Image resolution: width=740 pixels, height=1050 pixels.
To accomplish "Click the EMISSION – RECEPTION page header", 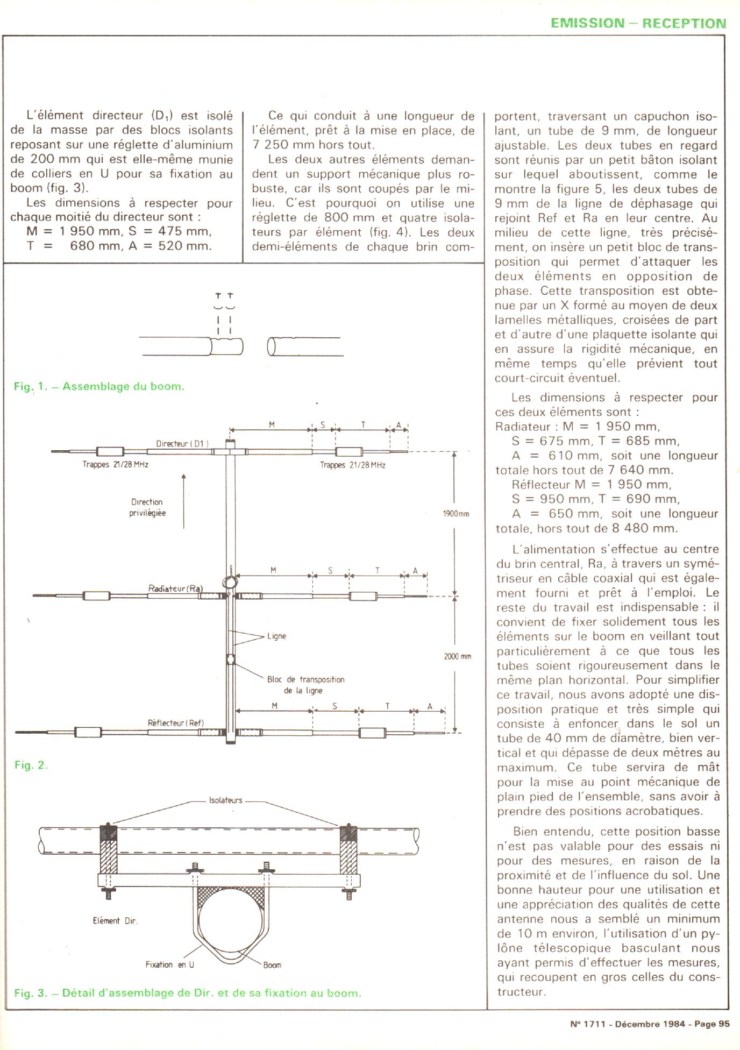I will coord(638,23).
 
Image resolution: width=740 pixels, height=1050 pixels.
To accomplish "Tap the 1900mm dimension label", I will coord(456,514).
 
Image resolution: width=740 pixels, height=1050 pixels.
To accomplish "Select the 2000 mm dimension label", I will coord(457,656).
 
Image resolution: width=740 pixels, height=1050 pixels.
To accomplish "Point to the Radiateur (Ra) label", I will coord(175,588).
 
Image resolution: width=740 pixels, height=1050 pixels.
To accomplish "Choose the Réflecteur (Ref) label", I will coord(176,723).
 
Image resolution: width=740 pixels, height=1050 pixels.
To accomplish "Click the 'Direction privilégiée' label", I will coord(147,507).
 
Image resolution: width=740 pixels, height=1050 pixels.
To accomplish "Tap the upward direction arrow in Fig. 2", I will coord(184,500).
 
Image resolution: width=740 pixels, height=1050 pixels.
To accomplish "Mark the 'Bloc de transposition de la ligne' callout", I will coord(305,685).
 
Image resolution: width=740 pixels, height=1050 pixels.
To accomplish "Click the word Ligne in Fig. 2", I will coord(276,636).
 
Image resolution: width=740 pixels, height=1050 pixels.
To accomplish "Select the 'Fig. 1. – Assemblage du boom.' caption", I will coord(99,386).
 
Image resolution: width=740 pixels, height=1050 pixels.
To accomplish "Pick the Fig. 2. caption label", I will coord(31,765).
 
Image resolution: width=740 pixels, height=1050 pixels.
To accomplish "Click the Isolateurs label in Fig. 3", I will coord(225,800).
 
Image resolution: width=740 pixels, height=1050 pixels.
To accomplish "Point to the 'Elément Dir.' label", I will coord(115,920).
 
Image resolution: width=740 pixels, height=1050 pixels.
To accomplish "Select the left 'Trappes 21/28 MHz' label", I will coord(115,464).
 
